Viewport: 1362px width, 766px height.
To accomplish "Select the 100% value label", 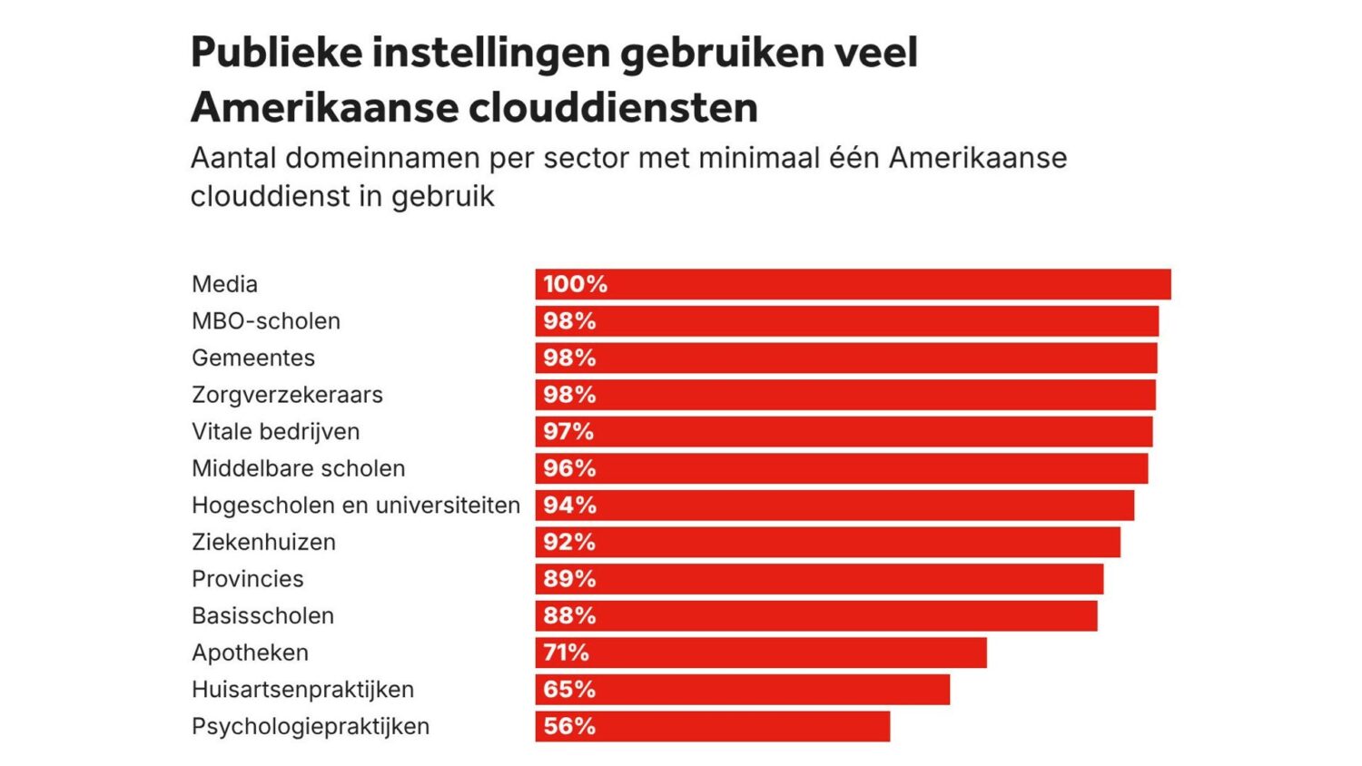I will click(x=575, y=284).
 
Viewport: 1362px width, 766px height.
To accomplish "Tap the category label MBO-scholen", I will click(x=266, y=321).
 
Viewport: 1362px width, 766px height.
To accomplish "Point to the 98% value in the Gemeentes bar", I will click(x=569, y=358).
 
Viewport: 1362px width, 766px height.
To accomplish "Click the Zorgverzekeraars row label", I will click(x=287, y=395).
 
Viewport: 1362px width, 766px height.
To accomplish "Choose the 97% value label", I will click(x=568, y=432).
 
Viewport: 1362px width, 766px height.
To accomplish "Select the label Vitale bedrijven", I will click(x=275, y=432).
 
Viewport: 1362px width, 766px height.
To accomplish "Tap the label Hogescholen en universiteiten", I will click(x=356, y=506).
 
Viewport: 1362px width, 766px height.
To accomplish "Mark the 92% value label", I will click(x=569, y=543).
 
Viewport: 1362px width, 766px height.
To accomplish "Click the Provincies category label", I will click(x=248, y=579).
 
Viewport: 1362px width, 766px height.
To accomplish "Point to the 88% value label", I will click(x=569, y=616).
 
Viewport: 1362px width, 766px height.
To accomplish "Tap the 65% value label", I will click(x=569, y=690).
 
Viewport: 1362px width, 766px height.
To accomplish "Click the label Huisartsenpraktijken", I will click(x=302, y=690).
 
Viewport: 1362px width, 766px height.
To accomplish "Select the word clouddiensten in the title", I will click(x=614, y=107).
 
